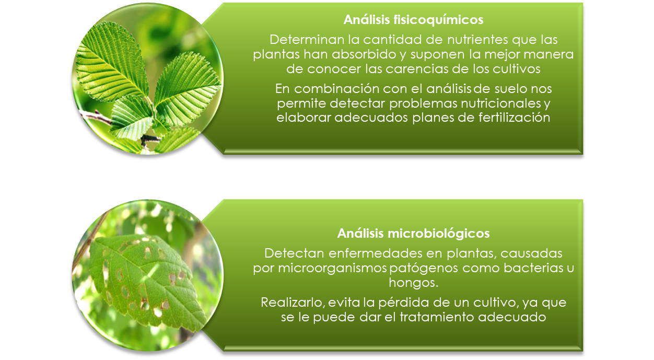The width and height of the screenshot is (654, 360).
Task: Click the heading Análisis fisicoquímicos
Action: pyautogui.click(x=413, y=20)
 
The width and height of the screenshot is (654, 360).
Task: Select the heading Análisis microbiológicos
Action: pyautogui.click(x=413, y=233)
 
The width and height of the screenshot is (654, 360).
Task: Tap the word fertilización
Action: pyautogui.click(x=514, y=118)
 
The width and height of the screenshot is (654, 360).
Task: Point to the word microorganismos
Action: pyautogui.click(x=333, y=268)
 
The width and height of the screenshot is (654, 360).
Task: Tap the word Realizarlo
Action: pyautogui.click(x=293, y=303)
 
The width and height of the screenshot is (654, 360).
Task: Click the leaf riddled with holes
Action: pyautogui.click(x=146, y=280)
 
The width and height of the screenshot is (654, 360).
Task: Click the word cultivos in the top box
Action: pyautogui.click(x=517, y=69)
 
